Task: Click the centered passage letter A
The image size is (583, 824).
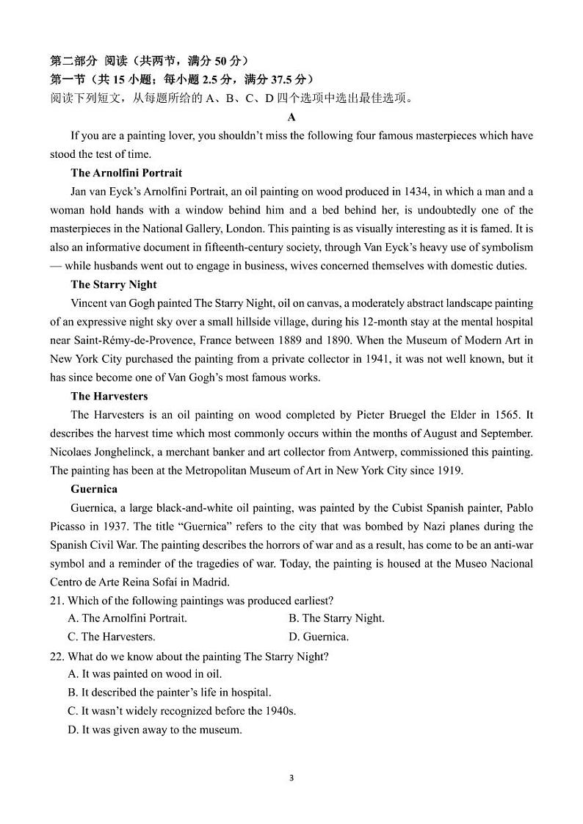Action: [x=291, y=117]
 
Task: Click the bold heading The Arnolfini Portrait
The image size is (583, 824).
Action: [x=126, y=173]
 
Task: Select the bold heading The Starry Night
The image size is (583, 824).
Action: [x=114, y=284]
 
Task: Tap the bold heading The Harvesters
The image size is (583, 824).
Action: [x=109, y=396]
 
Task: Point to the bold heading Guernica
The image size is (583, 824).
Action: [x=94, y=488]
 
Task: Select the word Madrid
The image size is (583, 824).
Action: [x=212, y=582]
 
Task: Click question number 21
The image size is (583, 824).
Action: [x=57, y=601]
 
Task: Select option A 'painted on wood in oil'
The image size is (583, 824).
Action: [x=144, y=673]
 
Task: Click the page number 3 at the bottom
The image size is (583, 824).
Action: [x=291, y=778]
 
